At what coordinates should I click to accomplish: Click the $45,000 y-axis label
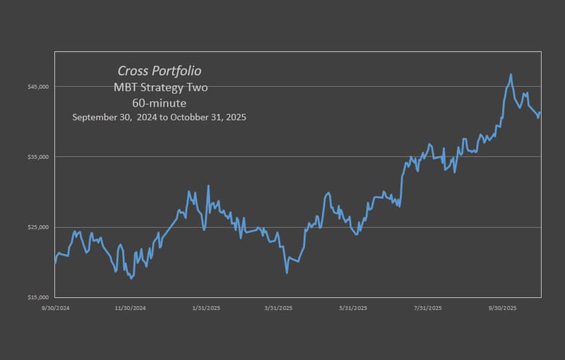point(37,87)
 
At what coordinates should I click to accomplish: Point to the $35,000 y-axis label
point(37,157)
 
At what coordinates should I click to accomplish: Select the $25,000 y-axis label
point(37,227)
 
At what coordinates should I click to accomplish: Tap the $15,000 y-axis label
point(37,297)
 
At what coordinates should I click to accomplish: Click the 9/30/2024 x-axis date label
point(55,308)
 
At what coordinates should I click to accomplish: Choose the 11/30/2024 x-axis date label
point(130,308)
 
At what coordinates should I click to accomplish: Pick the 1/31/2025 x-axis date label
point(205,308)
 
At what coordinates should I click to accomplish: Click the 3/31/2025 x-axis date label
point(278,308)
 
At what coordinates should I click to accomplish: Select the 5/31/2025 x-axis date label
point(353,308)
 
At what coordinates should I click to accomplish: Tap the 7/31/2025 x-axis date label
point(428,308)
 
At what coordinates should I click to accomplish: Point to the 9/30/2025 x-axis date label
point(502,308)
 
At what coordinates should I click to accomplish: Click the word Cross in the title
point(132,71)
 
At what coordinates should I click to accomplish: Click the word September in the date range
point(95,117)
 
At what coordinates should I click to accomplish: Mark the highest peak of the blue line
point(511,74)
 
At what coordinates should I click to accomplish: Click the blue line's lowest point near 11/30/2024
point(131,279)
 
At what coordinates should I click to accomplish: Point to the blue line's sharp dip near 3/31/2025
point(287,272)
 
